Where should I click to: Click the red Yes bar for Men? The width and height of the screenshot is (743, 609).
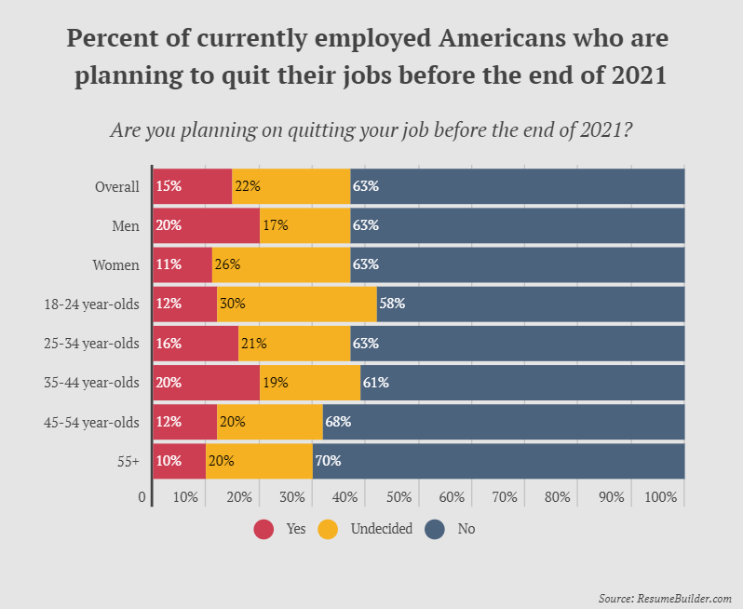pos(206,224)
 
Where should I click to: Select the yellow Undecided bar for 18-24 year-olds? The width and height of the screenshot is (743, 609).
pos(297,304)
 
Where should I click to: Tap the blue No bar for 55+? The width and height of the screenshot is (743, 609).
pos(498,461)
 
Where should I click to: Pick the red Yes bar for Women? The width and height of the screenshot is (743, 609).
pos(182,264)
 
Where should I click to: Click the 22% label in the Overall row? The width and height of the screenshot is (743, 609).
pos(247,185)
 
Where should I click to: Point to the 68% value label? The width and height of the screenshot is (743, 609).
pos(337,422)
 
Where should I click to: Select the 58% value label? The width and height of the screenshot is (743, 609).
pos(391,304)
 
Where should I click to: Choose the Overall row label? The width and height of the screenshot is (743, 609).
pos(116,186)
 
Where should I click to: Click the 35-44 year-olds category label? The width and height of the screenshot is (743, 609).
pos(91,383)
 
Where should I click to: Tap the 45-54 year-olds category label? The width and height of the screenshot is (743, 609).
pos(91,422)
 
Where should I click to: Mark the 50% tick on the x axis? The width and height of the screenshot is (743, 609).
pos(399,497)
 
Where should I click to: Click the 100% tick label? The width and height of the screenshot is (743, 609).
pos(660,497)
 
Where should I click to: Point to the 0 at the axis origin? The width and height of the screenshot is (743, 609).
pos(142,497)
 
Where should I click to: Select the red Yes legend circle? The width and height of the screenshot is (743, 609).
pos(263,529)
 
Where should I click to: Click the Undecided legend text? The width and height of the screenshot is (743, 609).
pos(381,529)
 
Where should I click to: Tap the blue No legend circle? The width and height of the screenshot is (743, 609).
pos(435,529)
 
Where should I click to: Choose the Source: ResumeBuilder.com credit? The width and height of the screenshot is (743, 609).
pos(665,597)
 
